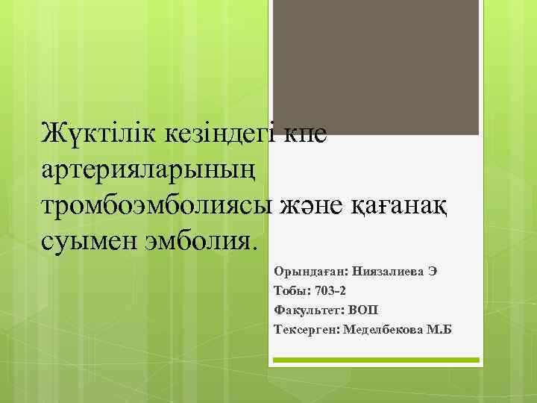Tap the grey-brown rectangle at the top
(374, 67)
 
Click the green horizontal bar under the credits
(374, 360)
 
